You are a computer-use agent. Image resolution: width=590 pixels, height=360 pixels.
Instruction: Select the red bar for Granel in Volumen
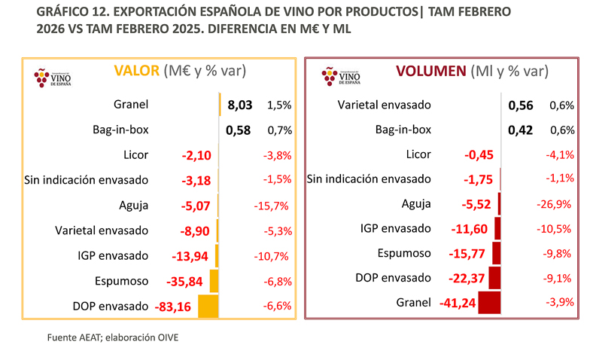point(488,303)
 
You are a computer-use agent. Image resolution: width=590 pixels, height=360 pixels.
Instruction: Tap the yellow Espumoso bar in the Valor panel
point(213,281)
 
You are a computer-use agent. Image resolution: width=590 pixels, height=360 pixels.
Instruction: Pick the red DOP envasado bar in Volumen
point(494,277)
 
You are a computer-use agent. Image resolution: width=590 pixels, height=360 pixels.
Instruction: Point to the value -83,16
point(172,307)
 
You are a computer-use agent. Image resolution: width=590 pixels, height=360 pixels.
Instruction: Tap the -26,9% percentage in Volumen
point(558,204)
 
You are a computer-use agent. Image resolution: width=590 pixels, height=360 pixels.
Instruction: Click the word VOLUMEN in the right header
point(430,72)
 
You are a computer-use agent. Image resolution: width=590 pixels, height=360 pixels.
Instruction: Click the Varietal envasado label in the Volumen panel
point(385,105)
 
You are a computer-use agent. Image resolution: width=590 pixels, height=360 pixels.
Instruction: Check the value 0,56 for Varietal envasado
point(521,105)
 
